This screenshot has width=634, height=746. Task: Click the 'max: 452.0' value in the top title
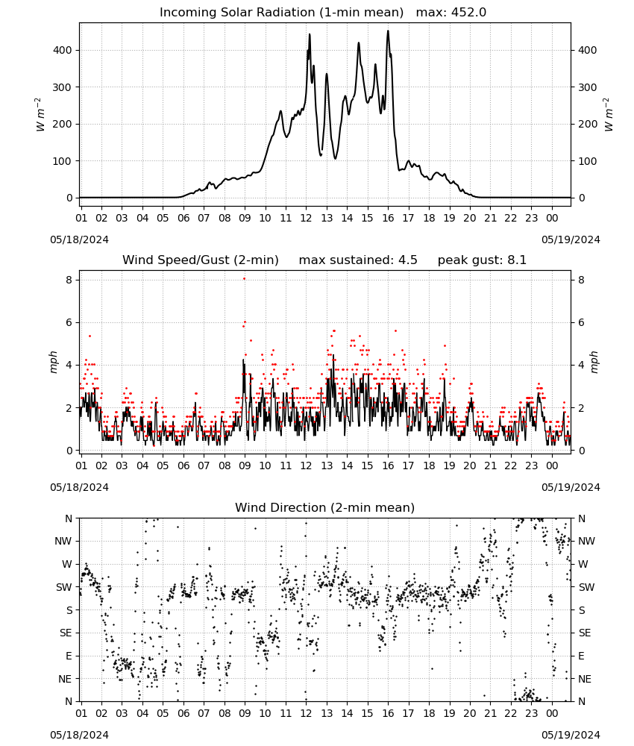(451, 13)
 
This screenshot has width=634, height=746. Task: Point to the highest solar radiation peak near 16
(388, 31)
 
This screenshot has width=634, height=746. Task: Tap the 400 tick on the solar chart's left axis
(63, 51)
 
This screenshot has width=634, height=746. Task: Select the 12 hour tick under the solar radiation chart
(306, 219)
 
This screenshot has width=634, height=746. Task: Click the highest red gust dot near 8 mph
(245, 279)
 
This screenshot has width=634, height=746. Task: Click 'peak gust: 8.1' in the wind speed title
(482, 260)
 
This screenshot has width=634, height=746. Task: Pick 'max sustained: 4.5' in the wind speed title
(358, 260)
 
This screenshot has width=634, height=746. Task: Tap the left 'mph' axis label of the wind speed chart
(53, 362)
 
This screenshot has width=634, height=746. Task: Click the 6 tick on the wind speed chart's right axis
(581, 322)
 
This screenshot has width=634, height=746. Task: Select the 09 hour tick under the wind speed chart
(245, 466)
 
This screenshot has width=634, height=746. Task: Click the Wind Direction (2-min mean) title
(325, 507)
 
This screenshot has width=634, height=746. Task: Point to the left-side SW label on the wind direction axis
(63, 588)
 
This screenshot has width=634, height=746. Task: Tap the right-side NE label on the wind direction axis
(585, 680)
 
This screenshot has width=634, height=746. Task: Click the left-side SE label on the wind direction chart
(66, 633)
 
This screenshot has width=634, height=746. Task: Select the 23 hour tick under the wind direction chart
(531, 713)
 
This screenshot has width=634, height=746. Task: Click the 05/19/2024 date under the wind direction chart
(571, 735)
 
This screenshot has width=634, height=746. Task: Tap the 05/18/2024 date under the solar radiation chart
(79, 239)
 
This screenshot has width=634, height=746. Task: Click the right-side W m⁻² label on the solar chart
(609, 115)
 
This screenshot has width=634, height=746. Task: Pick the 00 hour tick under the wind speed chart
(552, 466)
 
